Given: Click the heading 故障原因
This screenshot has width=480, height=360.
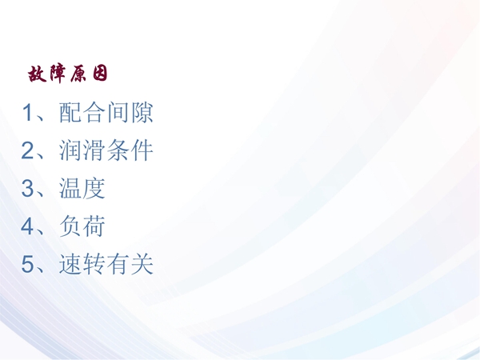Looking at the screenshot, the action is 68,74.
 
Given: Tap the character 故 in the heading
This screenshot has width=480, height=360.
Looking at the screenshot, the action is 37,74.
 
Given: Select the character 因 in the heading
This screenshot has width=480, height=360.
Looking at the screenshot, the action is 100,74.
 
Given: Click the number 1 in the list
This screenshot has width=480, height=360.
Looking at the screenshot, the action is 27,112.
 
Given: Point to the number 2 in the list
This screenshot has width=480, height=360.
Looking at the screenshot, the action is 27,150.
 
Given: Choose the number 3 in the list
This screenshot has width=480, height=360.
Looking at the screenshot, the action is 27,188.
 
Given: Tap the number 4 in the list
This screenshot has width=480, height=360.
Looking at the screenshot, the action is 27,226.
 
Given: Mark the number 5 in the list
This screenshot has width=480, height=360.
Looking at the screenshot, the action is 27,264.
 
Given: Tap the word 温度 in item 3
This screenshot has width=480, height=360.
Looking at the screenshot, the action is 82,188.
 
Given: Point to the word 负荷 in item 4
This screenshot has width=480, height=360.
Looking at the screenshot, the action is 82,226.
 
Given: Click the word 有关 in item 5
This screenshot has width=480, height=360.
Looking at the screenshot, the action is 129,264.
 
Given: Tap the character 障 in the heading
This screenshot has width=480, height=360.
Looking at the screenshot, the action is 58,74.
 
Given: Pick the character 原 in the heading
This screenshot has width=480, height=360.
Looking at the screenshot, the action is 79,74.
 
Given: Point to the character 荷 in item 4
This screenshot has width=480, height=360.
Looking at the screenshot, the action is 94,226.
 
